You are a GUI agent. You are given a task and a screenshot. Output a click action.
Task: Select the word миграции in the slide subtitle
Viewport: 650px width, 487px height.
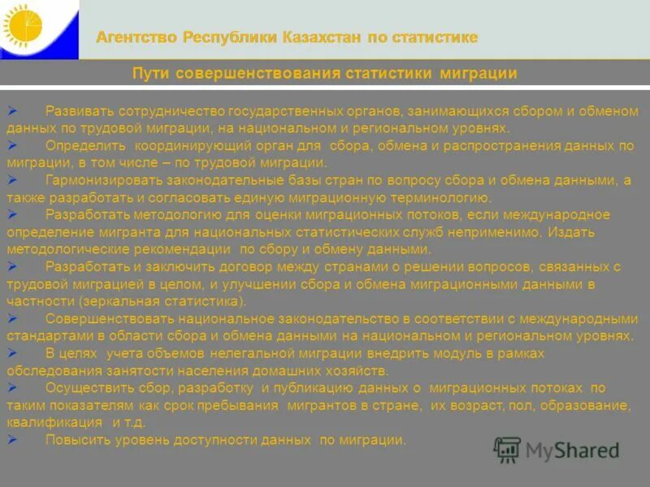point(479,74)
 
